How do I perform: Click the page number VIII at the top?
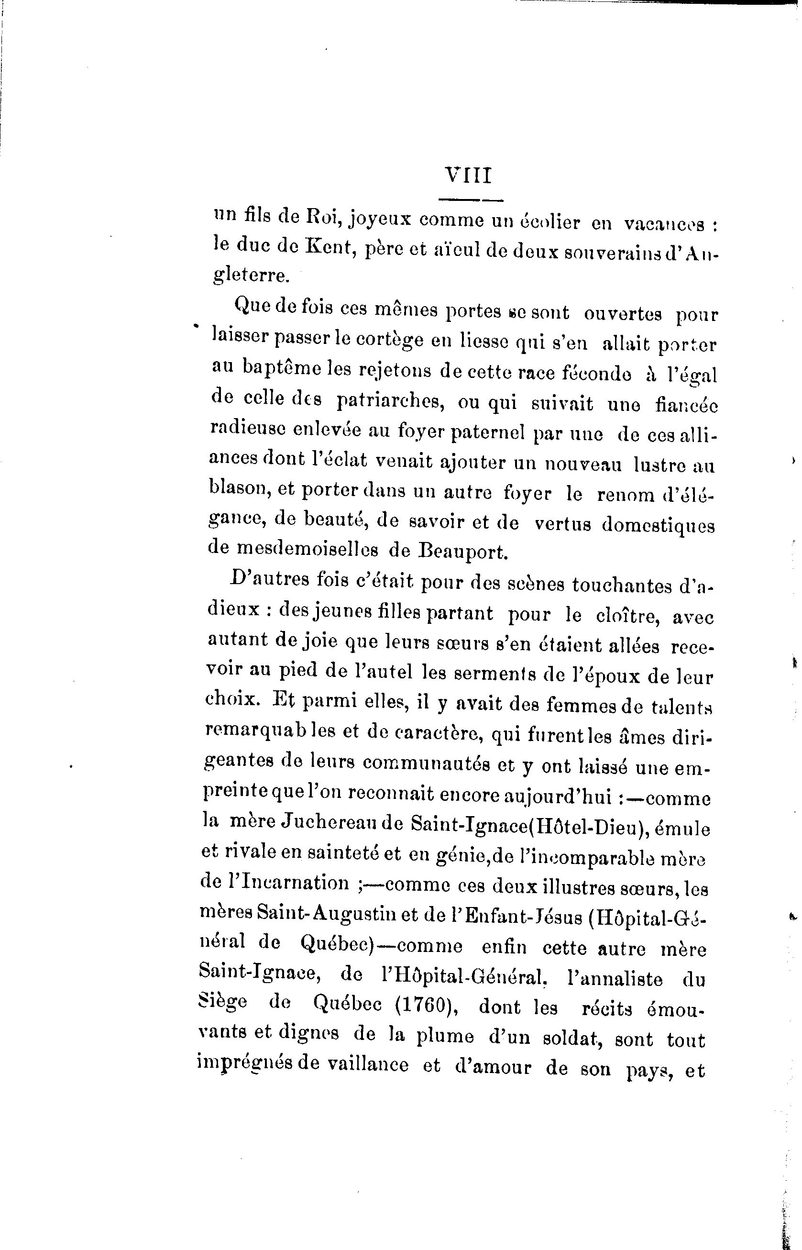pos(468,176)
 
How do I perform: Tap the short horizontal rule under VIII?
pos(471,200)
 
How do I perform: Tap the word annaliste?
pos(614,979)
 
